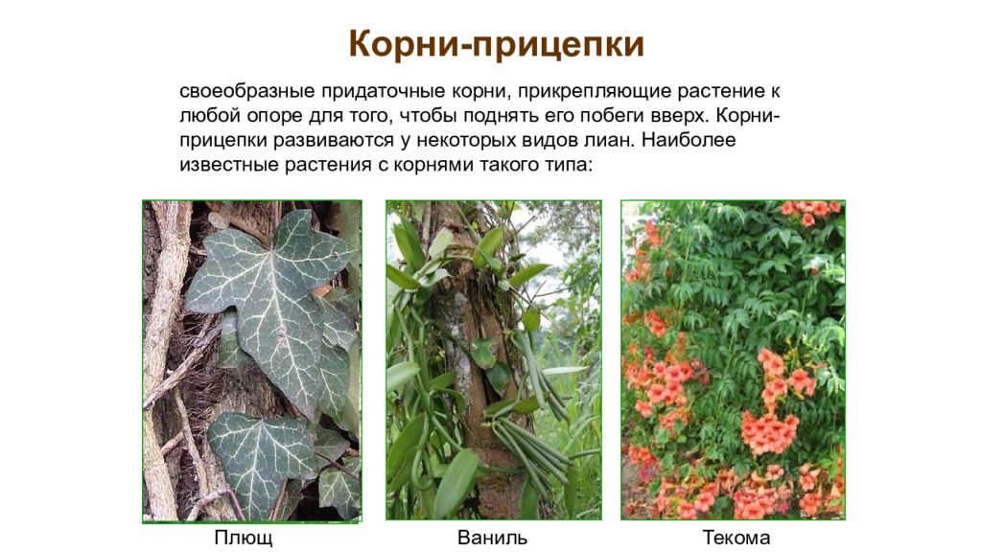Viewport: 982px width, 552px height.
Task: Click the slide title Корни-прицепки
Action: [495, 45]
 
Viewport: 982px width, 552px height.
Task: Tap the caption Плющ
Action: [243, 538]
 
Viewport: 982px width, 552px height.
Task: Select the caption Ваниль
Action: [492, 538]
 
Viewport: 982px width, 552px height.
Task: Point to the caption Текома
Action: [736, 538]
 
